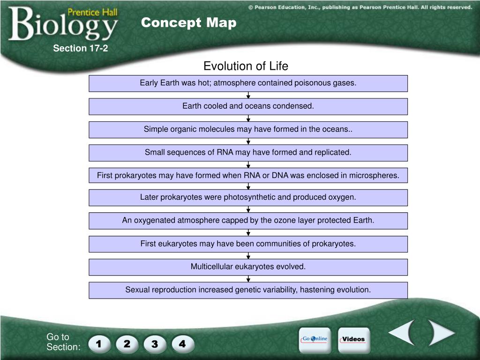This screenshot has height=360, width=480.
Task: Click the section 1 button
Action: point(99,344)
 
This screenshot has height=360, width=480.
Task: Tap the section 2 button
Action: point(127,344)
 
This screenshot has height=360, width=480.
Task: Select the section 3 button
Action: point(155,344)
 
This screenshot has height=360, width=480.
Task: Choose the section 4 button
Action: point(182,344)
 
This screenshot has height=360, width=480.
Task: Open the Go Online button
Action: point(315,339)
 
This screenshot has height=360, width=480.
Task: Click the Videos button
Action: point(353,339)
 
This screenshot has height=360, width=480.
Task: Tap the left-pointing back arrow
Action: point(402,332)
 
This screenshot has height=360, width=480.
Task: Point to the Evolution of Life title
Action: point(246,66)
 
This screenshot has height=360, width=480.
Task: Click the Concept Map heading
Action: point(188,22)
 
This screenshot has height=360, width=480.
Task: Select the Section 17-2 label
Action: point(80,48)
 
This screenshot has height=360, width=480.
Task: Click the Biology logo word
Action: point(63,24)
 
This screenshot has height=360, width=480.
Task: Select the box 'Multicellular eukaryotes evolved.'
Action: point(248,267)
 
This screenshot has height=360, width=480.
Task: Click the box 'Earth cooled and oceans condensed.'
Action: point(248,106)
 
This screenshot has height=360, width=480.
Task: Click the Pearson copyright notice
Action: point(360,7)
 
